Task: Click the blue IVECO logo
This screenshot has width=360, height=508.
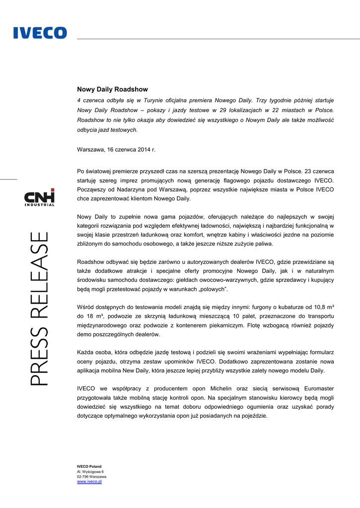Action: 40,33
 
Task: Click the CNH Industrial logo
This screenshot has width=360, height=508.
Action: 40,197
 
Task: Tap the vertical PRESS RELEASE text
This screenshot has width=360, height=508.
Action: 40,308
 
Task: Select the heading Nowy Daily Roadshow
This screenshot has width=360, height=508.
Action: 112,89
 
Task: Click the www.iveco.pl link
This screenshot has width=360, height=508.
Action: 89,482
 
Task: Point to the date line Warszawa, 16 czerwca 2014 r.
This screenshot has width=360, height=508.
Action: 116,149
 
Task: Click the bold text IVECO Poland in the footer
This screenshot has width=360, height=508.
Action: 89,466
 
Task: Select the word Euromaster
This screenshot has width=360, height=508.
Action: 315,388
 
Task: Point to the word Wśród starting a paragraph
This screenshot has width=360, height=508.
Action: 86,307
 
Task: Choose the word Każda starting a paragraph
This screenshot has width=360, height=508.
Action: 86,352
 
